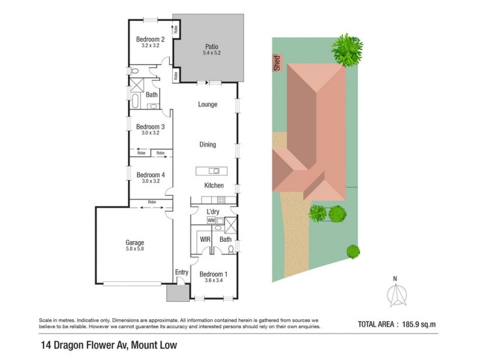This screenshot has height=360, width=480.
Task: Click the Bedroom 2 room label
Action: pyautogui.click(x=150, y=40)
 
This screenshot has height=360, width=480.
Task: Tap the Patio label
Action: pyautogui.click(x=211, y=46)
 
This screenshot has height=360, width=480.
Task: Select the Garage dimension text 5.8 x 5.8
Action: pyautogui.click(x=134, y=248)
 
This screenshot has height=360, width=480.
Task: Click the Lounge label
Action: pyautogui.click(x=208, y=104)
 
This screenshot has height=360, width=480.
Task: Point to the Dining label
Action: pyautogui.click(x=208, y=145)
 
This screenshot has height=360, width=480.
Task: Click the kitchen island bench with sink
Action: pyautogui.click(x=211, y=171)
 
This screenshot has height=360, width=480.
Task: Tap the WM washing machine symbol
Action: pyautogui.click(x=211, y=221)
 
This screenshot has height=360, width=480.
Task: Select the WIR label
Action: pyautogui.click(x=204, y=239)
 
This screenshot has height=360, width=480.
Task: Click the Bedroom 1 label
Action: pyautogui.click(x=213, y=274)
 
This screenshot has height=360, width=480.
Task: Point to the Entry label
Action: pyautogui.click(x=181, y=272)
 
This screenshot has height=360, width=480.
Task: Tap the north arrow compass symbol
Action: pyautogui.click(x=394, y=296)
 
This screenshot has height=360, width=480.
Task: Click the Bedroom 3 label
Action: pyautogui.click(x=150, y=127)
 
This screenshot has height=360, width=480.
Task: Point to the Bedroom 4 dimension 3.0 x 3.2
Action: pyautogui.click(x=150, y=181)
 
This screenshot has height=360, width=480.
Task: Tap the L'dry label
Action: pyautogui.click(x=213, y=212)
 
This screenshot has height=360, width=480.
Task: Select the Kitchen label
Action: pyautogui.click(x=214, y=185)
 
